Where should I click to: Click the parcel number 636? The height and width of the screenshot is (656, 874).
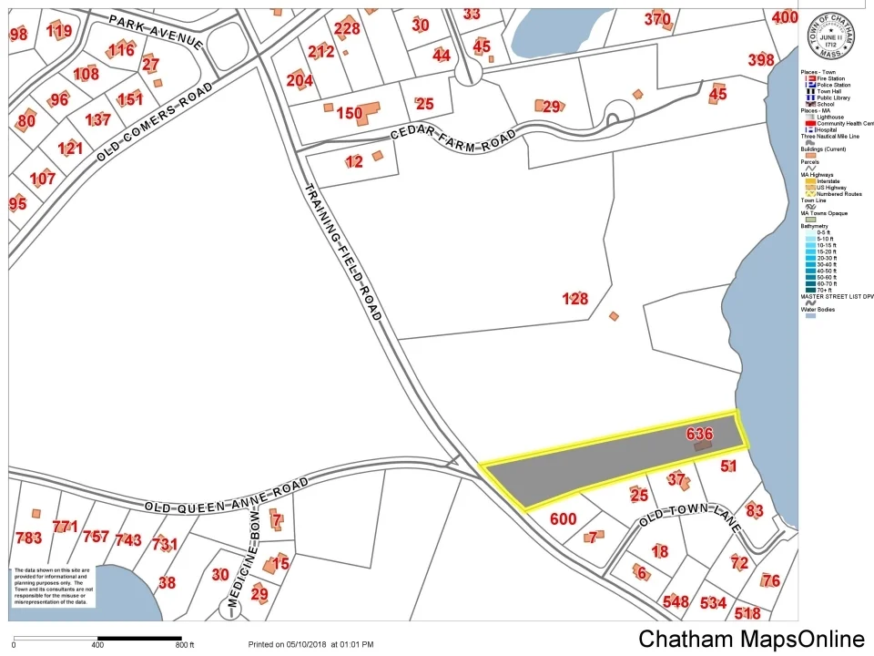point(700,435)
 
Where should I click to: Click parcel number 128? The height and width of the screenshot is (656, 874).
point(574,298)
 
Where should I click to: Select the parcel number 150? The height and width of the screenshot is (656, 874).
point(349,114)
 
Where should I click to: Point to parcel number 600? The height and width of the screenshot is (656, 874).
point(564,518)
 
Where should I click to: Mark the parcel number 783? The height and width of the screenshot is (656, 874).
point(28,538)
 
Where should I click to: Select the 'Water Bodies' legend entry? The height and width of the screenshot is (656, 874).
point(818,310)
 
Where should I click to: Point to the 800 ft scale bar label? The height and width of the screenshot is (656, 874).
point(185,645)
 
